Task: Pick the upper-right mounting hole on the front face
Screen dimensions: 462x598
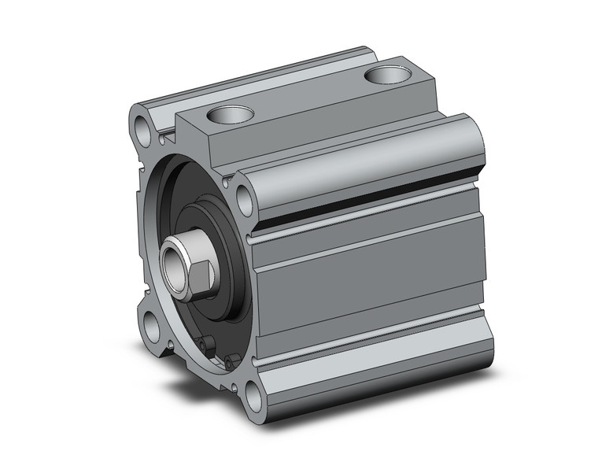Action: click(243, 197)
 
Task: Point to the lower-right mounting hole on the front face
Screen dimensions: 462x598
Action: click(250, 396)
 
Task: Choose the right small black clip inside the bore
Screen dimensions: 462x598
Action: click(228, 362)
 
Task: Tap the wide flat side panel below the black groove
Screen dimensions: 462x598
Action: click(370, 272)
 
